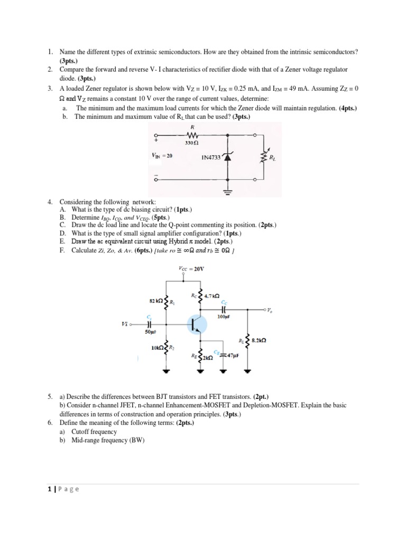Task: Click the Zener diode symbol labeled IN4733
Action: (228, 157)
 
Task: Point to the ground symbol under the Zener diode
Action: (228, 192)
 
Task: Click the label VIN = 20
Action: (162, 156)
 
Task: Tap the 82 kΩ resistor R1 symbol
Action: (167, 302)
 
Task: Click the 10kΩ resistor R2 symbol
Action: (167, 349)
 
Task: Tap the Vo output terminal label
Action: (271, 310)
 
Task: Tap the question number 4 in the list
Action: (49, 202)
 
